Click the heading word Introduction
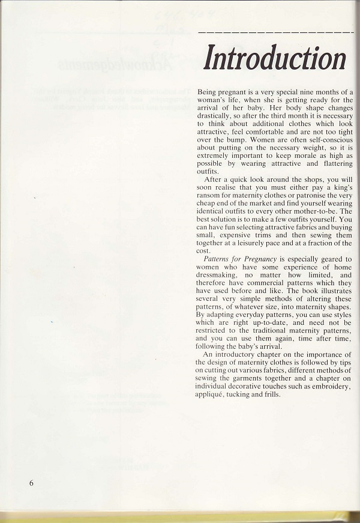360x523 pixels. click(275, 58)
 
